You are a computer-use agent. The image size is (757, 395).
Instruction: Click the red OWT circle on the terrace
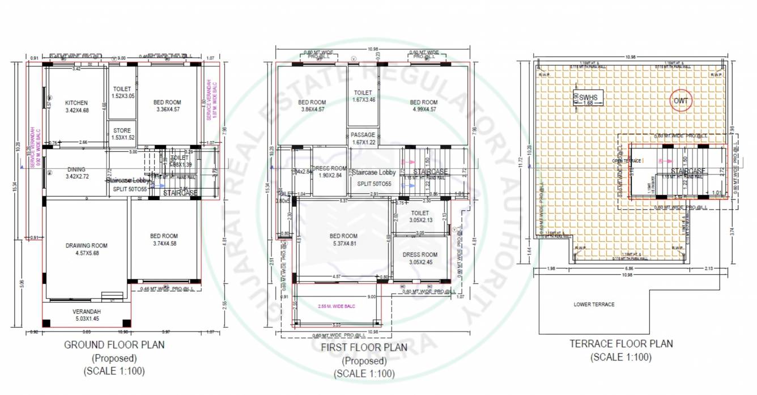(679, 101)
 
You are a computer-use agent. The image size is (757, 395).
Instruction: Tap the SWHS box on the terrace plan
(588, 99)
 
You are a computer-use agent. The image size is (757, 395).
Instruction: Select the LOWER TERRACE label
(594, 304)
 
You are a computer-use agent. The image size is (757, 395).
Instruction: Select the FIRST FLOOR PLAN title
(364, 347)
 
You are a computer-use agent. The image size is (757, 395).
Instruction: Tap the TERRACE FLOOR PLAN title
(621, 343)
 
